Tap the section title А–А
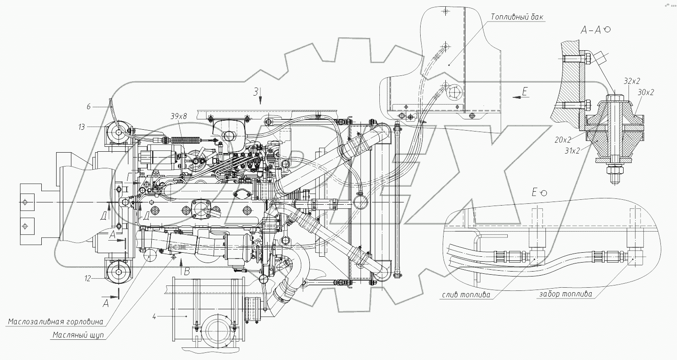[591, 30]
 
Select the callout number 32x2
[632, 81]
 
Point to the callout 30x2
[646, 92]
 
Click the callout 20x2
[563, 140]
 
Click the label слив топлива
[465, 295]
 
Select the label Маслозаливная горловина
[55, 321]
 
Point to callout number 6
[88, 106]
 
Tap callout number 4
[154, 317]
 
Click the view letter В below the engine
[187, 271]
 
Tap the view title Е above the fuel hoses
[534, 192]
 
